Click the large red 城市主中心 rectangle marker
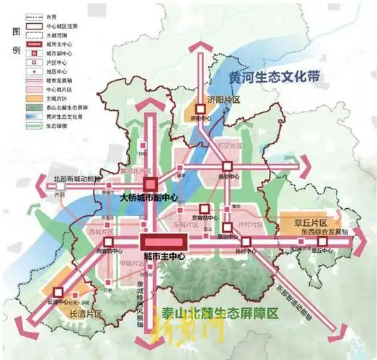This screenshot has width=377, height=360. tap(163, 243)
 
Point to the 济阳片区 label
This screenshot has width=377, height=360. tap(223, 101)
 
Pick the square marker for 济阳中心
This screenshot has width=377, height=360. tap(194, 109)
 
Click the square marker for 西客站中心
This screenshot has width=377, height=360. tap(102, 243)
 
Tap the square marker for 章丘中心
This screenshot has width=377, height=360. tap(322, 243)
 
